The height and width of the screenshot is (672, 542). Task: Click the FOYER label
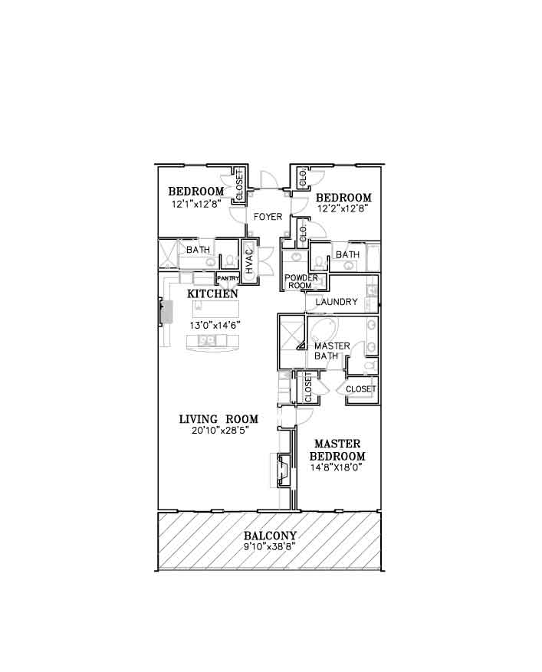click(268, 217)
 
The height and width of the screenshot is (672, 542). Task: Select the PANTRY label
click(228, 278)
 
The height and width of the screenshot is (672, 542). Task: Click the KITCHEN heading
click(212, 294)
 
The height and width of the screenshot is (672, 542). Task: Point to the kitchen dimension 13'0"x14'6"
click(215, 326)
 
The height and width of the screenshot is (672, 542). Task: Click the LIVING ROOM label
click(218, 419)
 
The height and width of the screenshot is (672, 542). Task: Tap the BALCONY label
click(270, 536)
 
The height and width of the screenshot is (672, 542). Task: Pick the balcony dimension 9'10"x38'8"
click(270, 546)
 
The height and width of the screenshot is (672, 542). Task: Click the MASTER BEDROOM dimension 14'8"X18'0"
click(337, 467)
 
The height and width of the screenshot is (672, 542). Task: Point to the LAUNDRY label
click(337, 302)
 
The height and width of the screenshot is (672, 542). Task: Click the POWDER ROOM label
click(301, 281)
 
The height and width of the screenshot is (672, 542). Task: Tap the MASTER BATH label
click(331, 351)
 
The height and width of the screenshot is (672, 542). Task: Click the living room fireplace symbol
click(284, 470)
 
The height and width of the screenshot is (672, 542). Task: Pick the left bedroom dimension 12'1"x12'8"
click(196, 205)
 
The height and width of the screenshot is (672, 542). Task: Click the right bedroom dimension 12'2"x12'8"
click(343, 208)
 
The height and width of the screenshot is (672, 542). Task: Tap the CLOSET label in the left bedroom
click(239, 185)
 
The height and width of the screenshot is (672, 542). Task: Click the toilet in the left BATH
click(229, 261)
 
